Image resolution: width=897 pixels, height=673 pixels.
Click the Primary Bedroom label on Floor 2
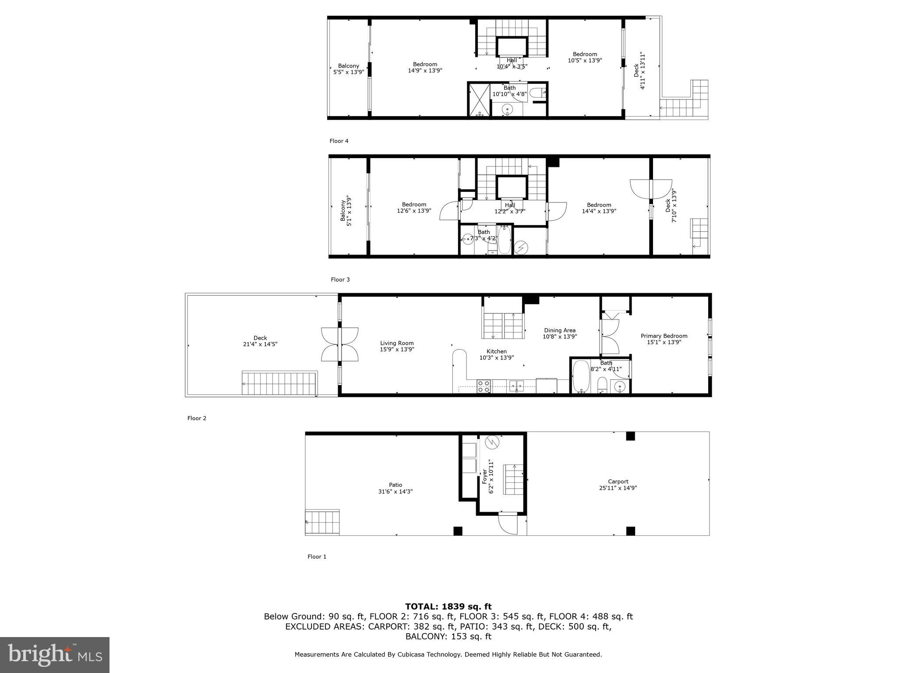(x=664, y=336)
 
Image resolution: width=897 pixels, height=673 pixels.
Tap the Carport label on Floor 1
(x=618, y=482)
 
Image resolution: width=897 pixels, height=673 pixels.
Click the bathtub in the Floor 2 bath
(x=581, y=376)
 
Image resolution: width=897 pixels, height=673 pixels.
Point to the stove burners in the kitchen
(x=484, y=386)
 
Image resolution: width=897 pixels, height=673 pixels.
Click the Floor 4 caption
(x=339, y=141)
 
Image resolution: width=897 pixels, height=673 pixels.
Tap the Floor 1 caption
(x=317, y=556)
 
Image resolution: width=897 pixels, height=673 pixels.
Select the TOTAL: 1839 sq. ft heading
(x=448, y=606)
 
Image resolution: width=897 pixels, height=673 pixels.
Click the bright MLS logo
(x=55, y=655)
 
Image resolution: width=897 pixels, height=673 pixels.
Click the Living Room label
(x=397, y=343)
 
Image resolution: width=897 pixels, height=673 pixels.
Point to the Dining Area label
(x=559, y=330)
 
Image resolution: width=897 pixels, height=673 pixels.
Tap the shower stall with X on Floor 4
(x=479, y=100)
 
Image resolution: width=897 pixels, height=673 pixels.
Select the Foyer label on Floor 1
(x=484, y=476)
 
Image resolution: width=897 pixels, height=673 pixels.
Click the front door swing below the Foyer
(x=508, y=524)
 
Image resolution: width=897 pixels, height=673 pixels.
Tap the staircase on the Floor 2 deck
(x=279, y=384)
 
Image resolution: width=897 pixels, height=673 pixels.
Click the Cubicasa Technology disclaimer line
(x=448, y=655)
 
